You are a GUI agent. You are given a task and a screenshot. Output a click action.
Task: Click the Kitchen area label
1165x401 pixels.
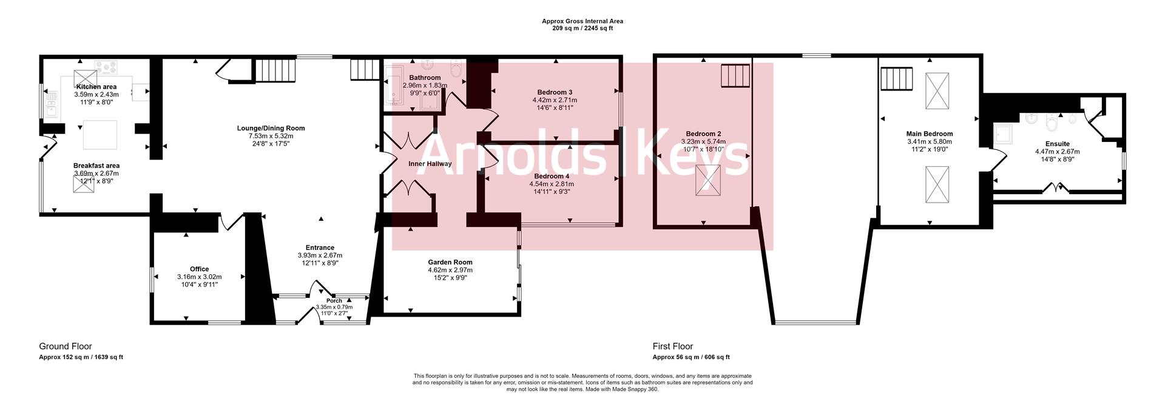(x=96, y=87)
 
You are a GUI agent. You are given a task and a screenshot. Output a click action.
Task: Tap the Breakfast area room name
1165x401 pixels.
(x=96, y=166)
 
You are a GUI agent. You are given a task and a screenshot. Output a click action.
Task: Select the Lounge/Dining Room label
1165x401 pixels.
(x=271, y=128)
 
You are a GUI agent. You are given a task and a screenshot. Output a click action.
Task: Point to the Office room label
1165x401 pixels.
(x=199, y=269)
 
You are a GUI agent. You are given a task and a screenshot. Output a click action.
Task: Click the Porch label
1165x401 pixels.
(x=334, y=300)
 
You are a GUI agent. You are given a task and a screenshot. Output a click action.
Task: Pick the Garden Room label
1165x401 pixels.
(x=450, y=262)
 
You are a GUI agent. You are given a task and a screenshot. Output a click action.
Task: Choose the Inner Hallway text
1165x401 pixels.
(x=430, y=164)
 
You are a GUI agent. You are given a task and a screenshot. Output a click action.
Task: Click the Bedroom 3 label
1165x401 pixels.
(x=555, y=92)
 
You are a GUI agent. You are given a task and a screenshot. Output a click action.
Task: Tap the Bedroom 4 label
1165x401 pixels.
(x=552, y=176)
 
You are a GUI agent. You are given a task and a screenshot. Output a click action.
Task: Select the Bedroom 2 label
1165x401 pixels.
(x=703, y=133)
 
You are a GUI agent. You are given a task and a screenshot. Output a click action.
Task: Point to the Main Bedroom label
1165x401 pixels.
(x=929, y=133)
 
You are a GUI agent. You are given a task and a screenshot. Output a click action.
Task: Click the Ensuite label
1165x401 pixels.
(x=1057, y=144)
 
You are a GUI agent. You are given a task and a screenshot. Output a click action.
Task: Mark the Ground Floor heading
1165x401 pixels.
(x=66, y=346)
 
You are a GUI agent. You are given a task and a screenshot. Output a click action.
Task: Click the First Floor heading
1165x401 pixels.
(x=673, y=346)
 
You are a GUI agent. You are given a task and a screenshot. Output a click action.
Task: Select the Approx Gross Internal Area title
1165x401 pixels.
(x=582, y=21)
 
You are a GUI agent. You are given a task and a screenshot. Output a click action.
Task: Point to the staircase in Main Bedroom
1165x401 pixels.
(x=897, y=78)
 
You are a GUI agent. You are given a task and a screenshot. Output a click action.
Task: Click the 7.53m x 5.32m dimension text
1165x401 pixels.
(x=271, y=136)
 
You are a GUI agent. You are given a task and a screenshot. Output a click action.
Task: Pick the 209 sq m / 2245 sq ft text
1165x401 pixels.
(x=582, y=29)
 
